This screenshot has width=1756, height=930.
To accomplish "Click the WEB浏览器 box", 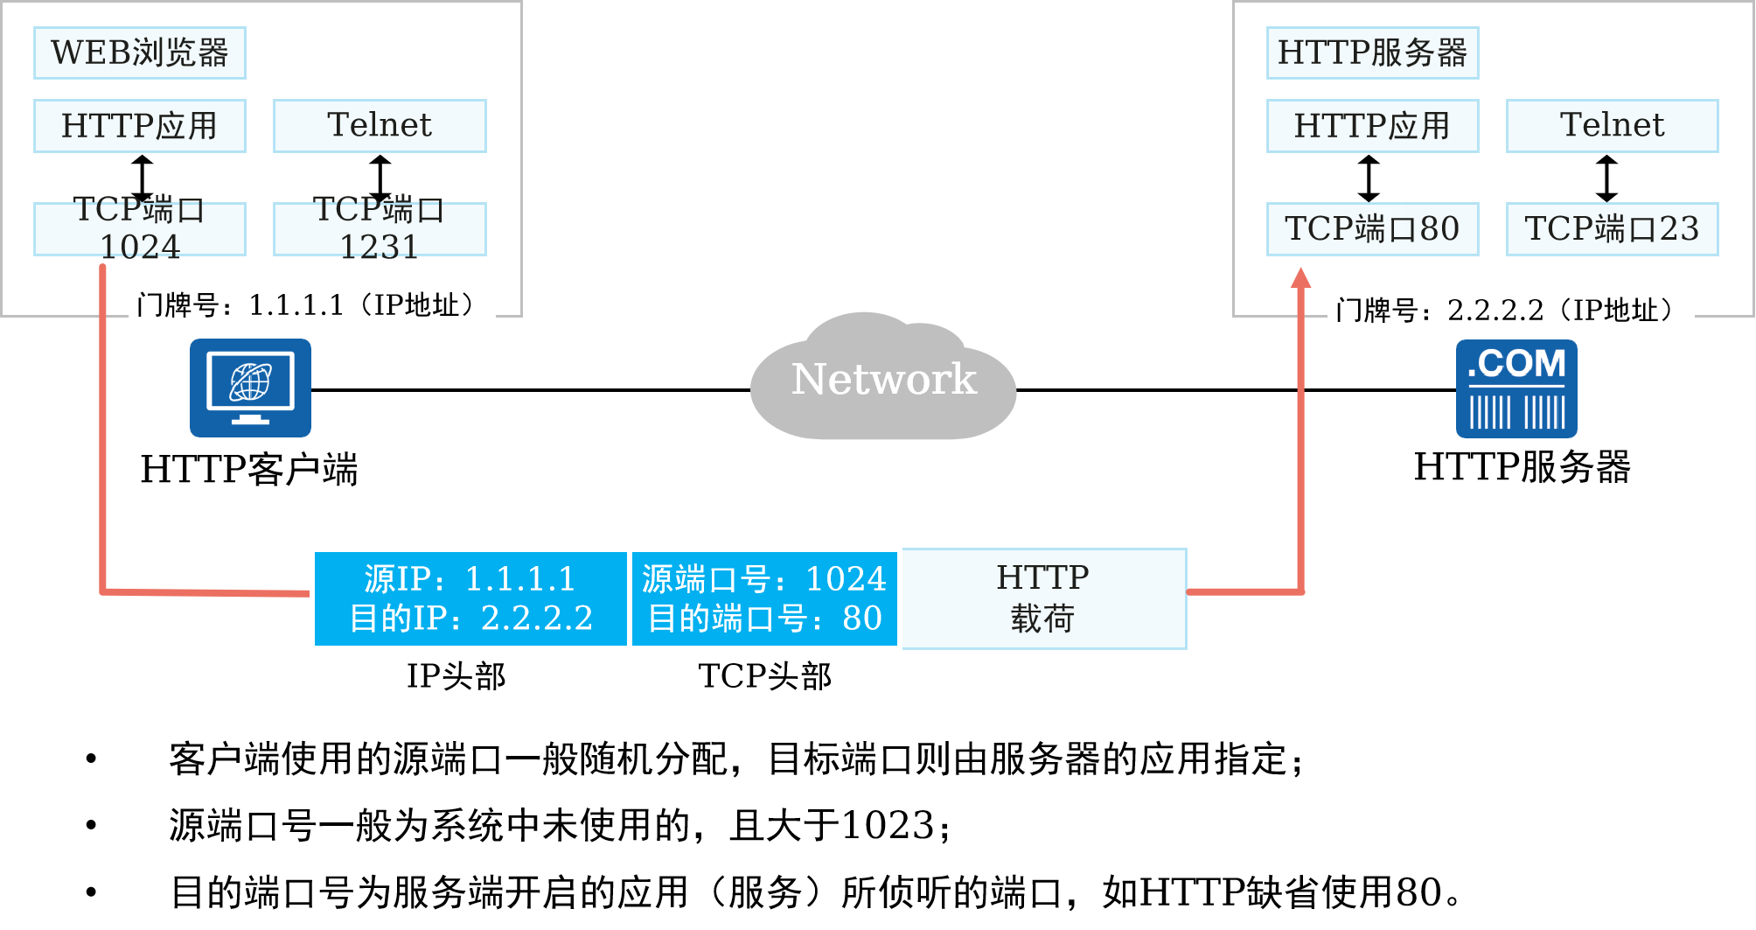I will pos(140,52).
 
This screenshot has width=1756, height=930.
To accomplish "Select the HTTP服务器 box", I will pos(1372,52).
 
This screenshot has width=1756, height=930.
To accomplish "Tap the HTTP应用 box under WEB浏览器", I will pos(140,126).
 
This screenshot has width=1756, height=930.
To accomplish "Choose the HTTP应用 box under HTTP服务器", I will pos(1372,126).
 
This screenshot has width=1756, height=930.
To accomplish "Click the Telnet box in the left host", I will pos(380,126).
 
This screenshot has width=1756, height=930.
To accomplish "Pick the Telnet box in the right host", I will pos(1612,126).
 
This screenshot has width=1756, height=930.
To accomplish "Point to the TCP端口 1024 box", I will pos(140,229).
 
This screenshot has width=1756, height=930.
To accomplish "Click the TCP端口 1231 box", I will pos(380,229).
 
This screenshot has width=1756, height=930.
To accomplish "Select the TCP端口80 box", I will pos(1372,229).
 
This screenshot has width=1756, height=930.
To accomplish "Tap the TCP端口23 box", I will pos(1612,229).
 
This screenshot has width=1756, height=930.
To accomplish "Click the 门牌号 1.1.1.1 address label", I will pos(311,305).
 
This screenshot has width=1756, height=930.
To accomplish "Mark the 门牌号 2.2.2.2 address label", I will pos(1510,311).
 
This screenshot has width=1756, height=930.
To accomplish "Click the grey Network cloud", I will pos(883,380).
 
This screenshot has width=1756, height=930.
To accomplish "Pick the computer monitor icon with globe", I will pos(250,388).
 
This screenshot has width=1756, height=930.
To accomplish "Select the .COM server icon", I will pos(1516,388).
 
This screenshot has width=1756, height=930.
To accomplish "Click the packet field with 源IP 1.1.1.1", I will pos(470,598).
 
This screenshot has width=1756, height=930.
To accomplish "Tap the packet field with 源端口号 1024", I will pos(764,598).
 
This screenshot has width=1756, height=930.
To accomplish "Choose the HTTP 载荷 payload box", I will pos(1043,598).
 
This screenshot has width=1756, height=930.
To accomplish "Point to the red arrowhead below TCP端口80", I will pos(1301,278).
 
